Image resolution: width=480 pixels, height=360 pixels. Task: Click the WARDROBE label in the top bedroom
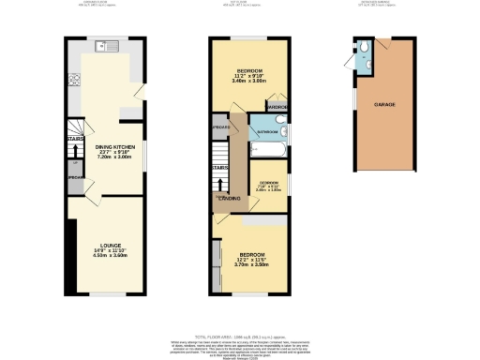coord(276,108)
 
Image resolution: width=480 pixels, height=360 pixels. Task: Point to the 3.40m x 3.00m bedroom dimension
coord(249,82)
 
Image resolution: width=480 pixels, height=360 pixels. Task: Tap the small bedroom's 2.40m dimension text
coord(269,190)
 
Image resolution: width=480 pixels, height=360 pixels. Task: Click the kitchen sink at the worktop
coord(105,46)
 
